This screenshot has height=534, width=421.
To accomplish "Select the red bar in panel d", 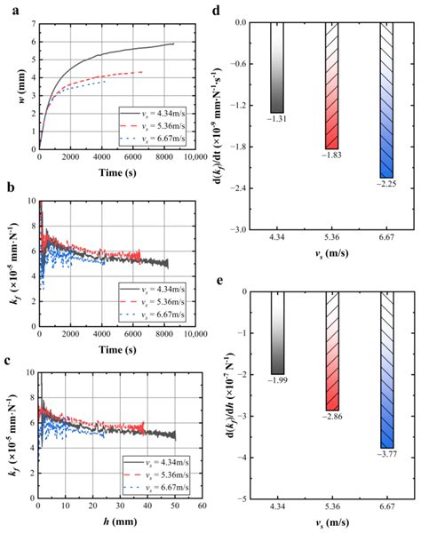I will tap(332, 85).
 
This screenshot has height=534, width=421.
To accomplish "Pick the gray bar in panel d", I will tap(277, 68).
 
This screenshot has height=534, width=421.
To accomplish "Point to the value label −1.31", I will tap(277, 120).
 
